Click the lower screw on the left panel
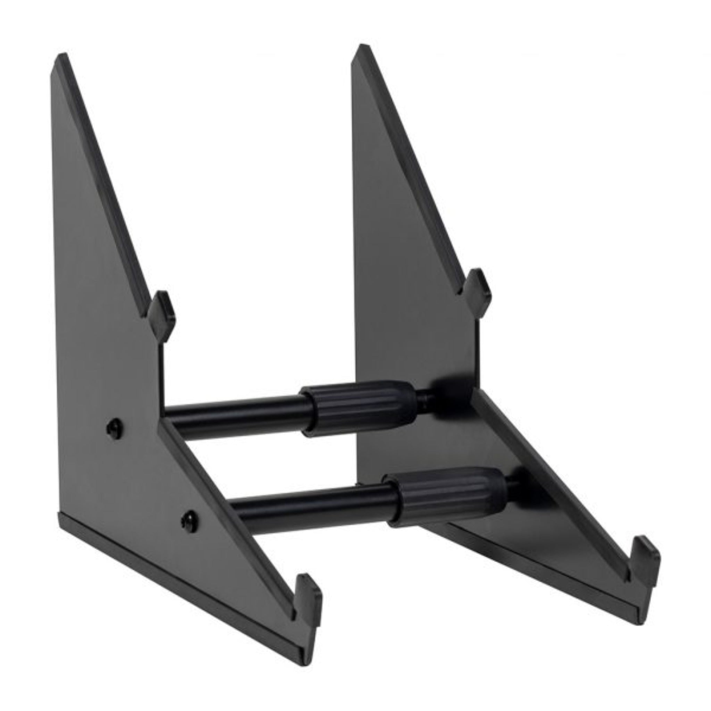click(191, 519)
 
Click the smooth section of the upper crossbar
click(235, 415)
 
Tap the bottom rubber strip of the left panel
click(177, 563)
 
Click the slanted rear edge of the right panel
click(412, 166)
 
